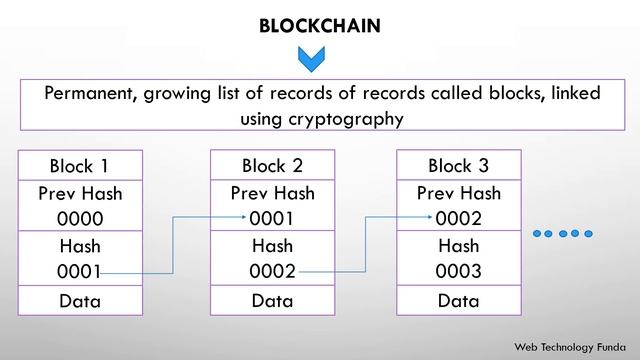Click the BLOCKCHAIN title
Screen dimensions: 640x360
tap(320, 25)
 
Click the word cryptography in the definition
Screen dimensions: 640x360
tap(346, 120)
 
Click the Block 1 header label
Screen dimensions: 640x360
tap(79, 166)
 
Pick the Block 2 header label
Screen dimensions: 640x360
tap(272, 166)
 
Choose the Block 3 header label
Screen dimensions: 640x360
tap(458, 166)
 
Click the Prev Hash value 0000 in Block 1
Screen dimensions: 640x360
tap(80, 219)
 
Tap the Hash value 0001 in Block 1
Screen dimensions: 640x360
tap(79, 272)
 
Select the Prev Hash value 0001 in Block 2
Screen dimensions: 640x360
tap(271, 219)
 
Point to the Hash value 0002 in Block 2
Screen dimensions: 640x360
tap(272, 271)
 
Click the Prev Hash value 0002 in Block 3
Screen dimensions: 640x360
tap(458, 219)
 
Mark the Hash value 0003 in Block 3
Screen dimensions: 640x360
tap(458, 271)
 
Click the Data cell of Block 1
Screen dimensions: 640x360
tap(80, 301)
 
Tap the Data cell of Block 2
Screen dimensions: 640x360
tap(272, 301)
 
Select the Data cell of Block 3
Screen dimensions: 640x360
tap(458, 301)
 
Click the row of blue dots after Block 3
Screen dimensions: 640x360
tap(563, 233)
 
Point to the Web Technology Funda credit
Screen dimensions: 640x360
tap(570, 347)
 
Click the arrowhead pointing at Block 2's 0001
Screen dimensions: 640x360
tap(244, 217)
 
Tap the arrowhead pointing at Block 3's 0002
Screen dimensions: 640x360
tap(430, 217)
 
